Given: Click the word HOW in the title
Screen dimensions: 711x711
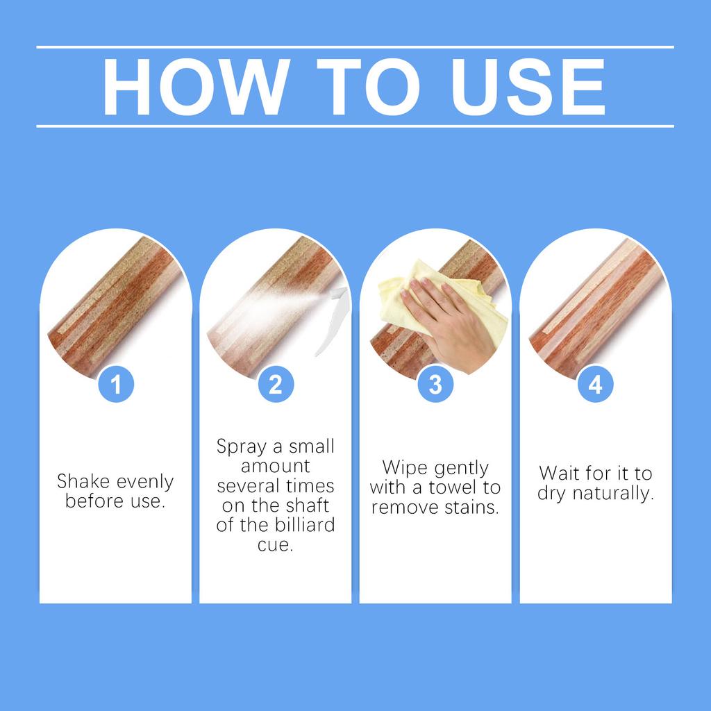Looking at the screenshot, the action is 196,87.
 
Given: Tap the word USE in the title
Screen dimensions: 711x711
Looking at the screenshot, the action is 528,87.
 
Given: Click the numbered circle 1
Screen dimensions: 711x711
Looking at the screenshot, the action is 116,384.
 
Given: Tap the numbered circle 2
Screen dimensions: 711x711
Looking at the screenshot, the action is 276,384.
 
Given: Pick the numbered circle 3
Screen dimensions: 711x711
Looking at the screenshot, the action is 435,384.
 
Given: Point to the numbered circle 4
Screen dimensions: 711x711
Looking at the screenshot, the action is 595,384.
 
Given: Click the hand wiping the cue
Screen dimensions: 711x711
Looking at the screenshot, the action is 449,324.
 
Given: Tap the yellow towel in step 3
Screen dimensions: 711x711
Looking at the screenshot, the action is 435,294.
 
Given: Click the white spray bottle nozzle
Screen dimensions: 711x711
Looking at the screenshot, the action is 334,319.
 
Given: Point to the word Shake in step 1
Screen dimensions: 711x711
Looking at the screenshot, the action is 83,481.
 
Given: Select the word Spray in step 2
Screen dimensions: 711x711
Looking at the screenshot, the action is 241,447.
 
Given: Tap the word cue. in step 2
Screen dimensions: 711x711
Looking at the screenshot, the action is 275,544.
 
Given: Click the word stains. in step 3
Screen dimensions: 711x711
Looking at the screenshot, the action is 471,508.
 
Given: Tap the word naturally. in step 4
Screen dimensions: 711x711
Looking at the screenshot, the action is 613,494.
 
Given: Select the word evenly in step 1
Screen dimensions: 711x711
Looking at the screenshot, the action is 145,483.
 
